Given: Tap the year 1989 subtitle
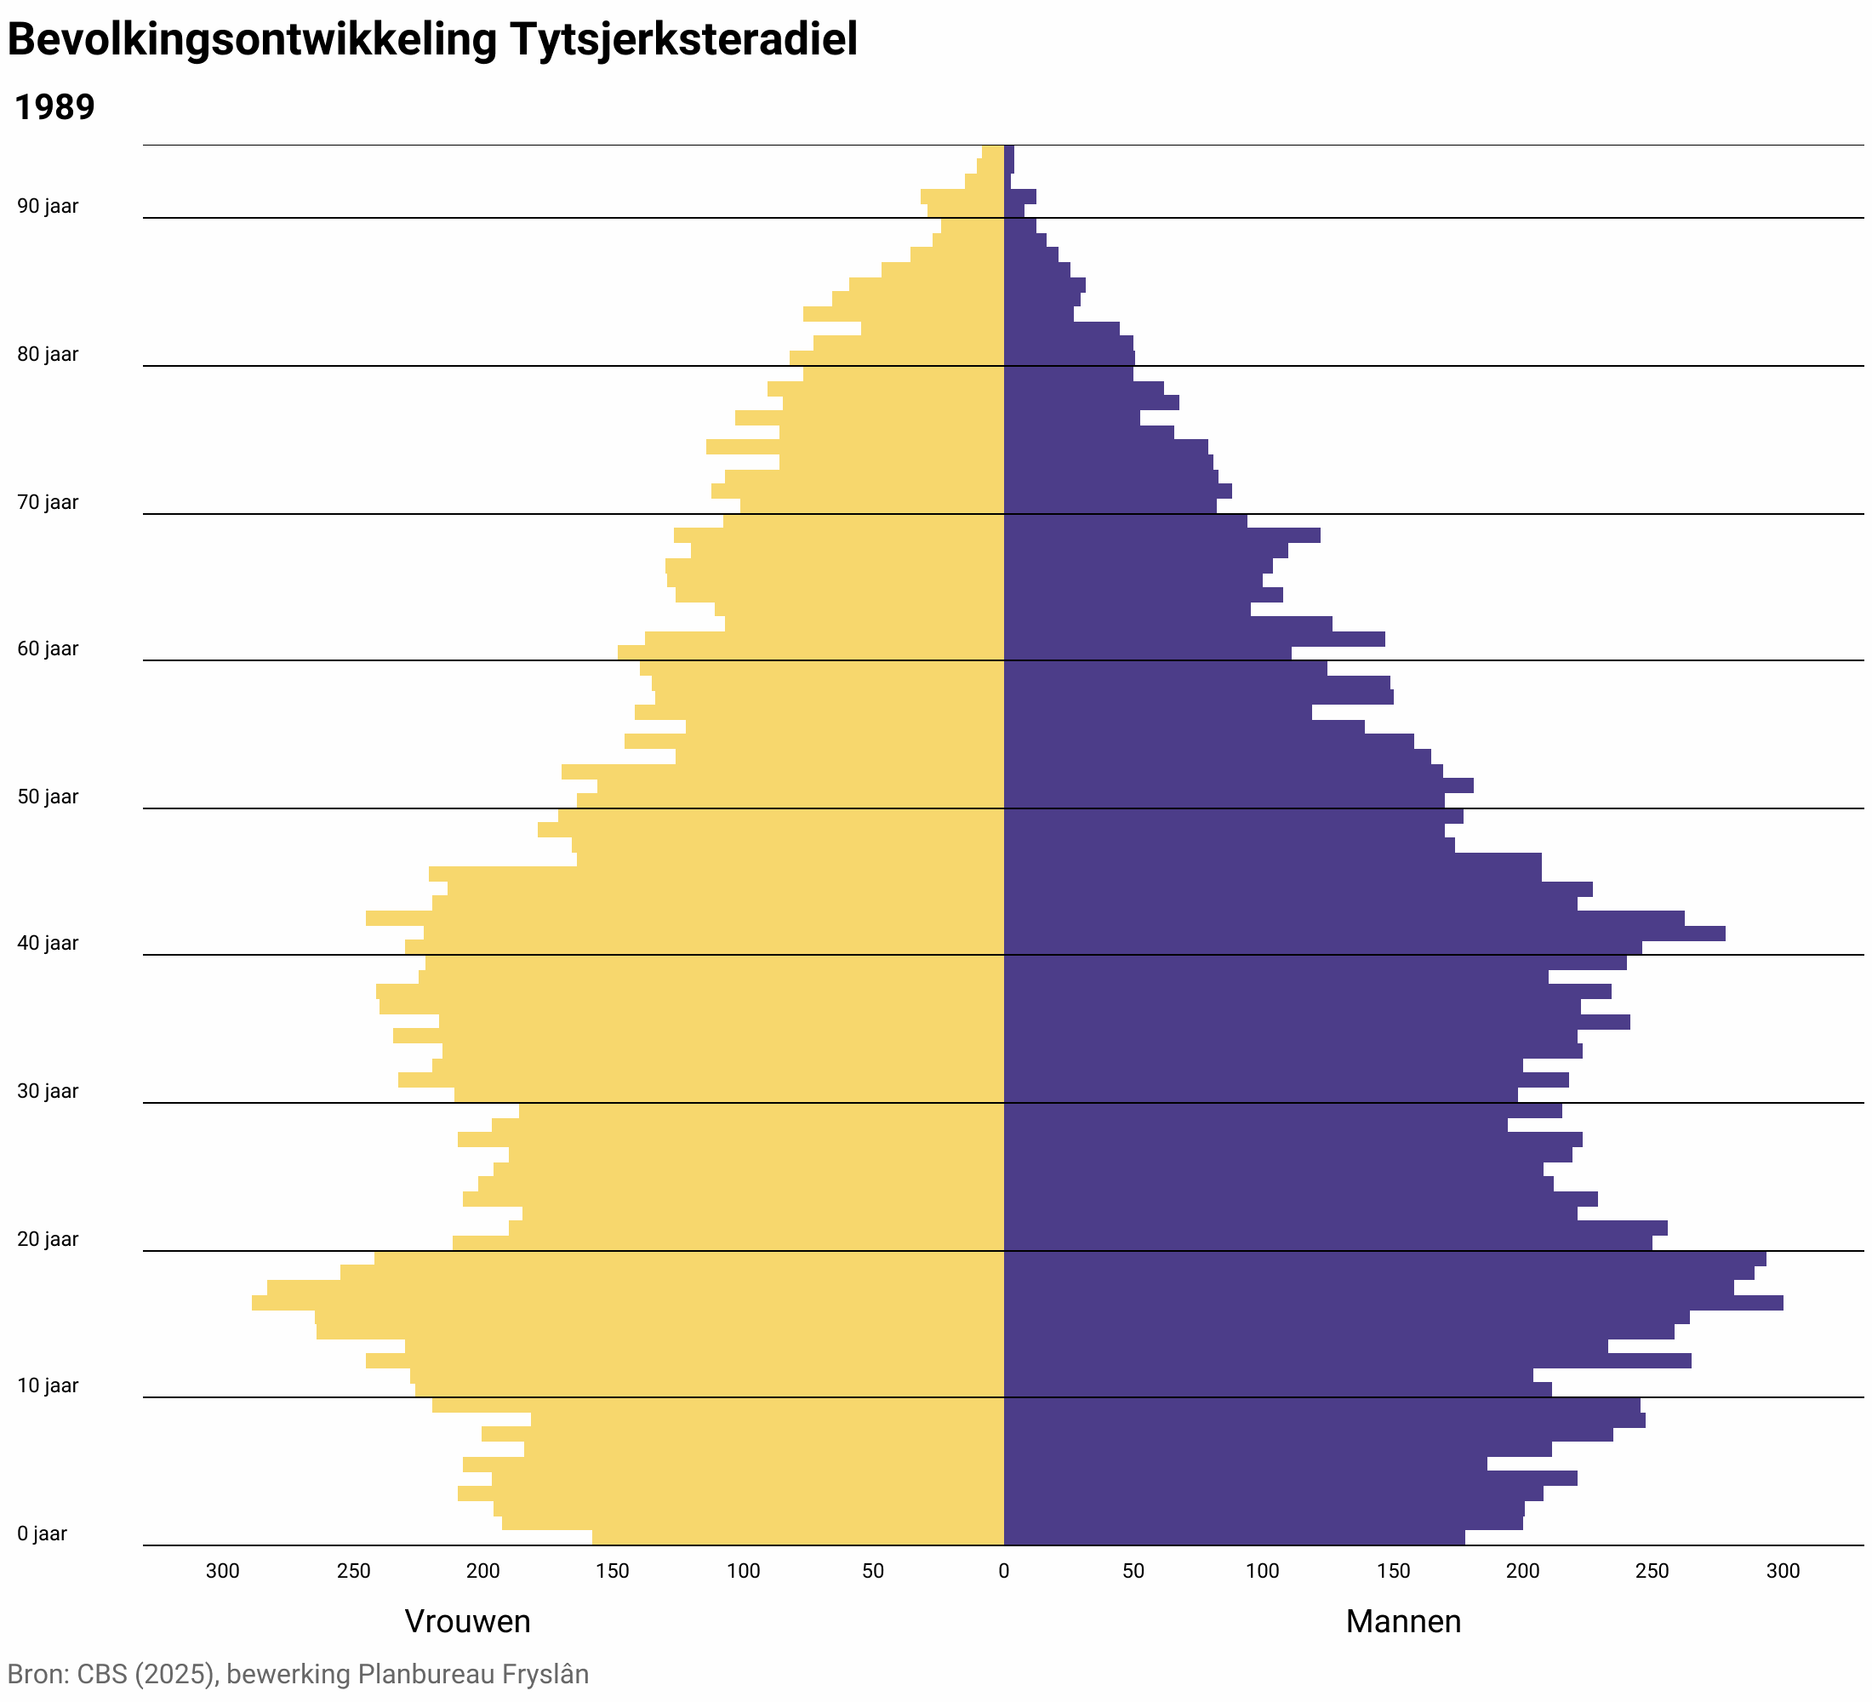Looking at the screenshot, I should click(54, 108).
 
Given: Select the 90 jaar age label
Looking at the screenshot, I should click(49, 206).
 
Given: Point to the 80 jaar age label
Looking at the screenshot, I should click(49, 355).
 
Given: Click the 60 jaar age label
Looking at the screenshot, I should click(49, 649).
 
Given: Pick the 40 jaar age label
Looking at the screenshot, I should click(49, 944).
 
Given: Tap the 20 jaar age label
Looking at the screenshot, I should click(49, 1240).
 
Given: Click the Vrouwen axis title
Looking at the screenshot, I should click(467, 1621).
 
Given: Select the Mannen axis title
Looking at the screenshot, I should click(1403, 1621).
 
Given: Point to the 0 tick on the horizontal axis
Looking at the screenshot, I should click(1003, 1571).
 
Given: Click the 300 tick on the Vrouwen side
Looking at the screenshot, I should click(223, 1571).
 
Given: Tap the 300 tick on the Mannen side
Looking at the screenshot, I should click(1782, 1571).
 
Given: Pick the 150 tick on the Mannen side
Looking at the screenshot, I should click(1393, 1571).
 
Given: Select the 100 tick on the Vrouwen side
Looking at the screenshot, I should click(743, 1571).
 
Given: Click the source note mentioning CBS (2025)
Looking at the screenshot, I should click(298, 1674).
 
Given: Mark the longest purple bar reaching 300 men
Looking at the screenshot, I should click(1393, 1303).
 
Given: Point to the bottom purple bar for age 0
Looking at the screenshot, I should click(1234, 1538).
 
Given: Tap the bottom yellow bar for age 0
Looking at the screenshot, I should click(798, 1538).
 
